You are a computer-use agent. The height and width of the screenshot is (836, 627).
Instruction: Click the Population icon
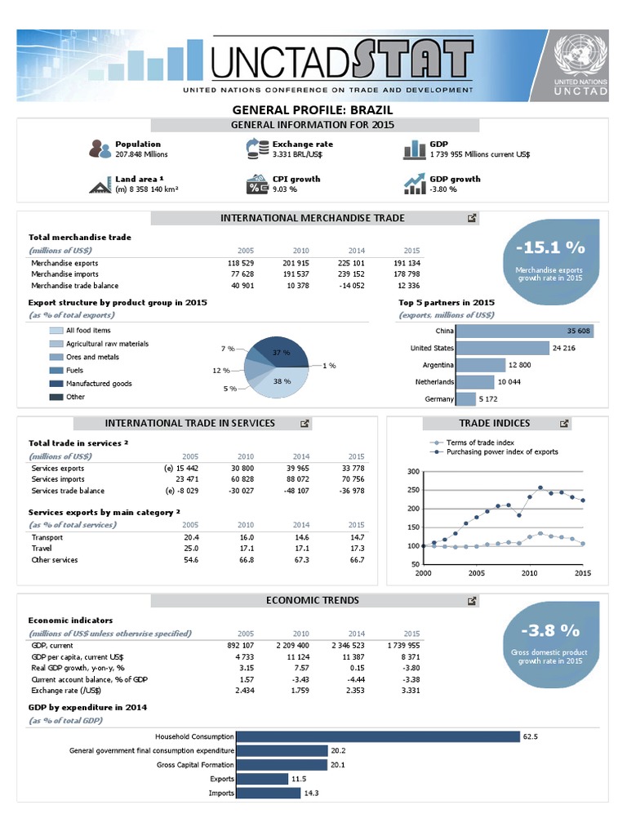click(x=100, y=149)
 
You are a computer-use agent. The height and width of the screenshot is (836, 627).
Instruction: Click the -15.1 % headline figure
click(x=550, y=247)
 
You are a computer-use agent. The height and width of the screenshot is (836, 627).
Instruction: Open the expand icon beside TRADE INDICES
click(x=564, y=424)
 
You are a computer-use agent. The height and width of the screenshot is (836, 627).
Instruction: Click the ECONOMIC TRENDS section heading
click(x=313, y=600)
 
